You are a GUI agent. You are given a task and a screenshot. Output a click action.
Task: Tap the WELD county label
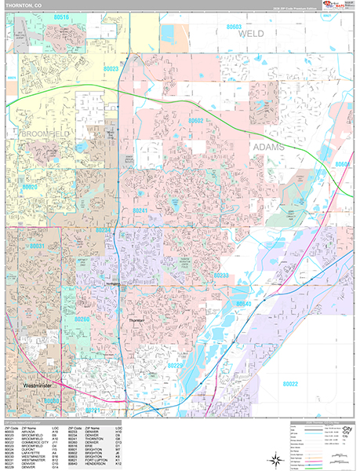pos(250,35)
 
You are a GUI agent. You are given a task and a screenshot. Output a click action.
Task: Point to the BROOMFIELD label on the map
pos(36,135)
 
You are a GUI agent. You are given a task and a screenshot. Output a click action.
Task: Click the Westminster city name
pos(38,385)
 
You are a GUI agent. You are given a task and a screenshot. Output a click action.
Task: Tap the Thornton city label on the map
pos(136,321)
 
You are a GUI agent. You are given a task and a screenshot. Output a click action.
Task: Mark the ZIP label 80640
pos(244,303)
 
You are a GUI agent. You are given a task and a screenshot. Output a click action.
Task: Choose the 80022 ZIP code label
pos(290,383)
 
